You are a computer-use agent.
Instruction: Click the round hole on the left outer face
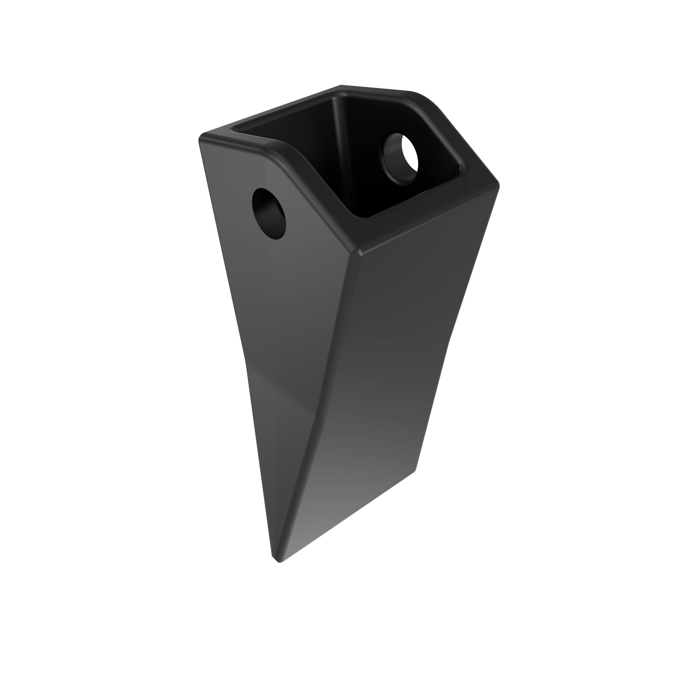pos(269,214)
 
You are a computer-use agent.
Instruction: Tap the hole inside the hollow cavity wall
pos(399,158)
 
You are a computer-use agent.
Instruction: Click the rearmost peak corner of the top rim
pos(341,87)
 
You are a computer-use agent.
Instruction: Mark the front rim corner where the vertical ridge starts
pos(359,252)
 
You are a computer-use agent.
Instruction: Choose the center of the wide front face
pos(401,354)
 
